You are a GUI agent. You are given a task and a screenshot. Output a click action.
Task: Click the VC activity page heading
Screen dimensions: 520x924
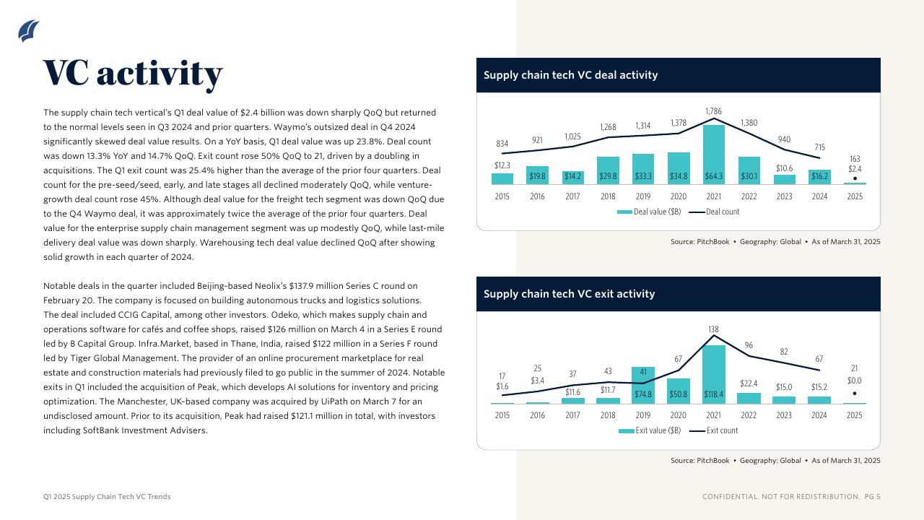click(133, 73)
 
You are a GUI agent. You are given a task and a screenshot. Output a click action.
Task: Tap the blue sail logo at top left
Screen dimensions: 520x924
click(28, 30)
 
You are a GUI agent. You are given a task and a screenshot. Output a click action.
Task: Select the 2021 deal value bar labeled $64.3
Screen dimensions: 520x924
click(713, 155)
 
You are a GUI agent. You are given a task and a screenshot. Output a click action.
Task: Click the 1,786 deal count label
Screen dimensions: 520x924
click(713, 111)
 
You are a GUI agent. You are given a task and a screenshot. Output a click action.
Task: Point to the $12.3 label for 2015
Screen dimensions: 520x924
click(502, 165)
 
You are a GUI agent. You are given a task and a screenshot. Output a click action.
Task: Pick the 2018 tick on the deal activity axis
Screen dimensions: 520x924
click(608, 196)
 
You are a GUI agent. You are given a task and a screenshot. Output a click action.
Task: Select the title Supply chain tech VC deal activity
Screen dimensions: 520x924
click(570, 75)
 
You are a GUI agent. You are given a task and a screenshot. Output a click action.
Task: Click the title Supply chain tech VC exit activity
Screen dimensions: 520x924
click(569, 294)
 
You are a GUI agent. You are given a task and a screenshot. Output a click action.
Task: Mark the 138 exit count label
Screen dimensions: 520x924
click(713, 329)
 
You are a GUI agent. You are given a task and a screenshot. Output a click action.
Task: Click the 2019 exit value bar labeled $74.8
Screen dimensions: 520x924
click(642, 385)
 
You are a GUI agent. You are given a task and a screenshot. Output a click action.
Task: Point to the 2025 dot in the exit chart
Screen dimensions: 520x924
click(855, 394)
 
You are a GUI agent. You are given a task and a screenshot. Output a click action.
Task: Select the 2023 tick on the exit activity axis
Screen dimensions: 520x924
click(784, 415)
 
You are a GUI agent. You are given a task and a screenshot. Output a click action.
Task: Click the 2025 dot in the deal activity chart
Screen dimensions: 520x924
click(855, 178)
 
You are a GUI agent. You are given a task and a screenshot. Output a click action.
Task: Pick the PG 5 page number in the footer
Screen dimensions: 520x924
click(873, 497)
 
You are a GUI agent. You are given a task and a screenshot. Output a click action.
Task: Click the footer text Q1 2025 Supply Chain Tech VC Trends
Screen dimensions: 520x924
click(107, 497)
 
